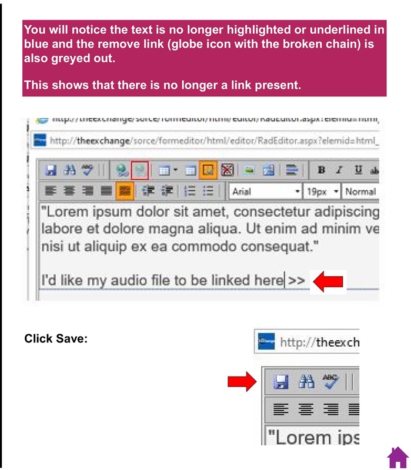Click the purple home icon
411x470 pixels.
[397, 456]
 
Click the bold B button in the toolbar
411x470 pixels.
[321, 171]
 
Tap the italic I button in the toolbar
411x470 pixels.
[339, 171]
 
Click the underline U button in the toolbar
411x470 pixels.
[357, 171]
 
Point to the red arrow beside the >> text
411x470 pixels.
[328, 281]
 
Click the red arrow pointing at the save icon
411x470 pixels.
[242, 383]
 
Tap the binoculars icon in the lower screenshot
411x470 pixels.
[306, 383]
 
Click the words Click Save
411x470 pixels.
[56, 339]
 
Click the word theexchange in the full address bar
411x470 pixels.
[103, 141]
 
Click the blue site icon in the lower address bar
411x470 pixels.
[266, 342]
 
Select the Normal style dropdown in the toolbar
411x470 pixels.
[360, 192]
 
